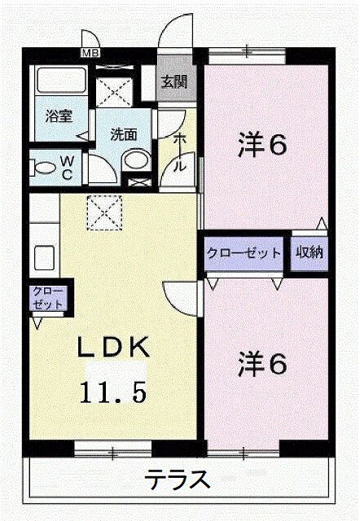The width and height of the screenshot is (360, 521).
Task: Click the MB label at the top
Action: pyautogui.click(x=90, y=53)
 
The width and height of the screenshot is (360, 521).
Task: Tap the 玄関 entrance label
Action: pyautogui.click(x=175, y=81)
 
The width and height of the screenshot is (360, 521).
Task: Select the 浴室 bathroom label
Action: pyautogui.click(x=59, y=116)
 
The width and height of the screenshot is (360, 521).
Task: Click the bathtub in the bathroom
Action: pyautogui.click(x=61, y=81)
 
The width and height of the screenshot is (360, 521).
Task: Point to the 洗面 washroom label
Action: pyautogui.click(x=124, y=134)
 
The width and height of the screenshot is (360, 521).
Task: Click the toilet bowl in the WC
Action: pyautogui.click(x=45, y=168)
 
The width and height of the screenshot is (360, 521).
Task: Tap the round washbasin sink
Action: pyautogui.click(x=136, y=160)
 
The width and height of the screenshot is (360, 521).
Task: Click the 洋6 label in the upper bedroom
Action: pyautogui.click(x=262, y=145)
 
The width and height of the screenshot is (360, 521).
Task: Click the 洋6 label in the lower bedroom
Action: pyautogui.click(x=262, y=364)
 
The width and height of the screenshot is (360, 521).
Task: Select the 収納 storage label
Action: pyautogui.click(x=310, y=252)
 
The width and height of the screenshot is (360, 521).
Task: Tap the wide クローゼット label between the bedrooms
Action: pyautogui.click(x=244, y=253)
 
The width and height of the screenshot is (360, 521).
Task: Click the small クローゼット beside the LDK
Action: pyautogui.click(x=48, y=298)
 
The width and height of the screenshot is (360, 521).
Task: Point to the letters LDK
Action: pyautogui.click(x=112, y=347)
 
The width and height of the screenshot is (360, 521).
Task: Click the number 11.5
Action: pyautogui.click(x=113, y=392)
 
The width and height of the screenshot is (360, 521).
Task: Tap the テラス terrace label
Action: pyautogui.click(x=178, y=479)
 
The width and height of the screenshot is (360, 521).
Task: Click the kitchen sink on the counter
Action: pyautogui.click(x=45, y=257)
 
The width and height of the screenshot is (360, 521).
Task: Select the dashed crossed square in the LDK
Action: pyautogui.click(x=104, y=212)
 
